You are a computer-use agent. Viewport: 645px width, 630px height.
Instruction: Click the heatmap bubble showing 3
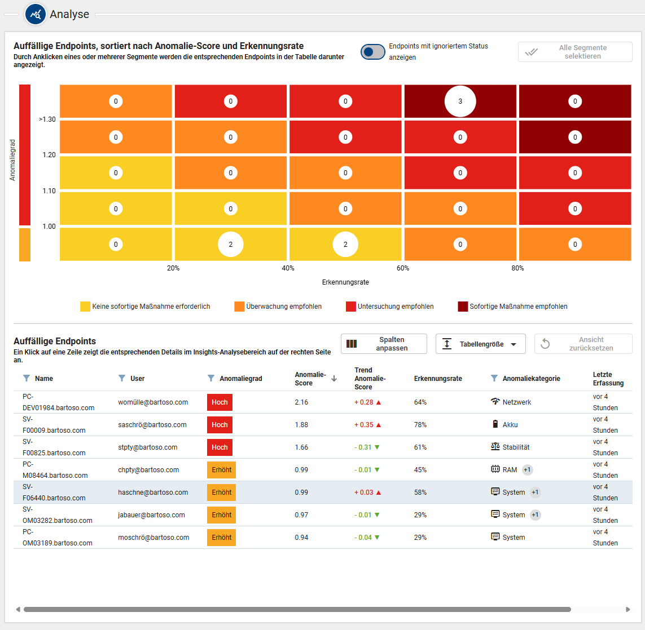(460, 101)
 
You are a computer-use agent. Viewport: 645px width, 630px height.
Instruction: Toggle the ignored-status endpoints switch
(373, 52)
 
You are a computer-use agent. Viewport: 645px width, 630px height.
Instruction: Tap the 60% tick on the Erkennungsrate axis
(403, 268)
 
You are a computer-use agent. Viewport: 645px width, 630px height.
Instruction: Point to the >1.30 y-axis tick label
(47, 119)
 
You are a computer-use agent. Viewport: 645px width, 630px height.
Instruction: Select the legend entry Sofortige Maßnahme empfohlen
(512, 307)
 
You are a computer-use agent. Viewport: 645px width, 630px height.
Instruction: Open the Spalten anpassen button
(383, 344)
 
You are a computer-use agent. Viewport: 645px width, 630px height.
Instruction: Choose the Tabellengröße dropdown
(481, 344)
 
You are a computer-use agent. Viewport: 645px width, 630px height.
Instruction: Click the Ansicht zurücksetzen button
(583, 344)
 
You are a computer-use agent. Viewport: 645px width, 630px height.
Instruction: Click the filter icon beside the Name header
(27, 378)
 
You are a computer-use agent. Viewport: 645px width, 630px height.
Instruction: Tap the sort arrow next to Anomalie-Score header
(334, 379)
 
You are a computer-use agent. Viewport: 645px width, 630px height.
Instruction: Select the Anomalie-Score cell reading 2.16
(301, 402)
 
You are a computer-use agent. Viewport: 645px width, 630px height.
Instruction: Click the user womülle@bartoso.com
(153, 402)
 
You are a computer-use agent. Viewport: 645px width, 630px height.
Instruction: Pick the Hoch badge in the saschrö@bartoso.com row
(220, 425)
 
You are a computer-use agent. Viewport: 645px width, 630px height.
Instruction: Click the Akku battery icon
(495, 424)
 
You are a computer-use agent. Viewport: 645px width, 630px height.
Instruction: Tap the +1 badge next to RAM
(527, 470)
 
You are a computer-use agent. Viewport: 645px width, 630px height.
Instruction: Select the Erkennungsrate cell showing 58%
(420, 493)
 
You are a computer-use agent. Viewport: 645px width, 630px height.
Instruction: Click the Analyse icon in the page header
(35, 14)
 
